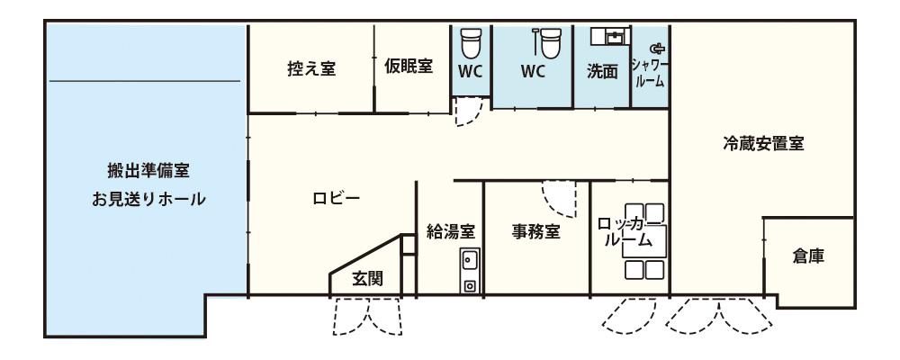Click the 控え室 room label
[x=311, y=69]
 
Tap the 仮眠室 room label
[x=409, y=67]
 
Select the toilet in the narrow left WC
[x=471, y=42]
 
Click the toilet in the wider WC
[x=549, y=42]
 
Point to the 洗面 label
[x=602, y=72]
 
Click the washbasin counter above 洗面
[x=611, y=36]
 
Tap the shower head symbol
[x=657, y=49]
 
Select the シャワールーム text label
[x=649, y=73]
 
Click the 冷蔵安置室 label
[x=763, y=143]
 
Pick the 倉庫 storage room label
[x=809, y=256]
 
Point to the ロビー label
[x=337, y=199]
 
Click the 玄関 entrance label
[x=367, y=279]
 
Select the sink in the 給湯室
[x=470, y=271]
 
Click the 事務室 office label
[x=536, y=231]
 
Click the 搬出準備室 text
[x=148, y=170]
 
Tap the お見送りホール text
[x=148, y=200]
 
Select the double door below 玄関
[x=367, y=317]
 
